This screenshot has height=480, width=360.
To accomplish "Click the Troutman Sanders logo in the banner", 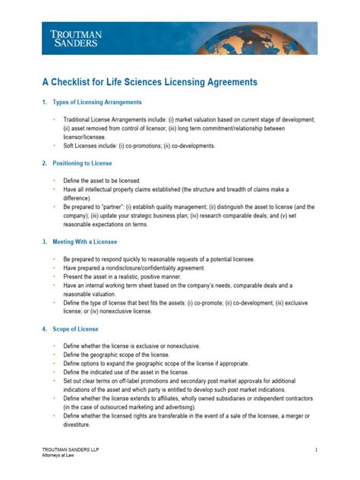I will click(x=77, y=39).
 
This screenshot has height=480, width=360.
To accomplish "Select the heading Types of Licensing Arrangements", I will click(x=96, y=102).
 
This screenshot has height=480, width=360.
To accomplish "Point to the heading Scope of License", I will click(x=75, y=329).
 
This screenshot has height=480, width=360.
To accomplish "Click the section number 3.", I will click(x=44, y=242).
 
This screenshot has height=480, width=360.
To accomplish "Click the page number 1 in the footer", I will click(x=315, y=450).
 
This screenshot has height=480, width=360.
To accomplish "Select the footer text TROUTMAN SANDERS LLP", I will click(x=70, y=450).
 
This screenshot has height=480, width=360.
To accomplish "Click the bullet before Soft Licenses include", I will click(x=54, y=146).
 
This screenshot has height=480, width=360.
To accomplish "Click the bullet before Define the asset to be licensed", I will click(x=54, y=180).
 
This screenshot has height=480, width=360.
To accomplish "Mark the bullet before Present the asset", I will click(x=54, y=276).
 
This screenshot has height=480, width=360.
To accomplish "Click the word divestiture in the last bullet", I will click(x=81, y=425).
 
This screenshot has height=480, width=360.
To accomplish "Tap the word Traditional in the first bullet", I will click(x=80, y=120).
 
